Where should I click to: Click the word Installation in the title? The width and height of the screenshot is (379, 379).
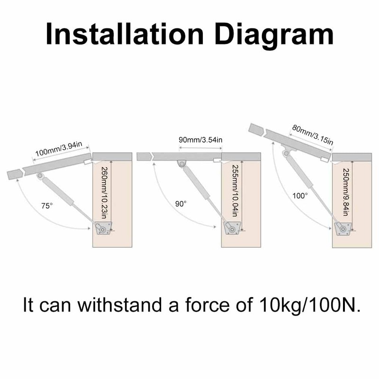[x=125, y=34]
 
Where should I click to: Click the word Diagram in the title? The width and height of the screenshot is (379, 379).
[x=274, y=36]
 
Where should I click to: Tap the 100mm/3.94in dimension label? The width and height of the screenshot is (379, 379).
[x=59, y=149]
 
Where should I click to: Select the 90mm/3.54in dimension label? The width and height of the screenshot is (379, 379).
[x=200, y=140]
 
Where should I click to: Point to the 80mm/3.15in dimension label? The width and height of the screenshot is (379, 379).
[x=313, y=135]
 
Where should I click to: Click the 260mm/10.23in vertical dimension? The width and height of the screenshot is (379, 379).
[x=104, y=193]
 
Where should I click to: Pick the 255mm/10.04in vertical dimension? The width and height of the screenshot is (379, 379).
[x=235, y=191]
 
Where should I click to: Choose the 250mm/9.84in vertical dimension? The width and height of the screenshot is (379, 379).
[x=346, y=192]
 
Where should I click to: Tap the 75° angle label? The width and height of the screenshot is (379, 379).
[x=47, y=206]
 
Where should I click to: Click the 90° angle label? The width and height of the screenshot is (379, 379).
[x=181, y=204]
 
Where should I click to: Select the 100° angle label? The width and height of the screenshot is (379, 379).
[x=300, y=196]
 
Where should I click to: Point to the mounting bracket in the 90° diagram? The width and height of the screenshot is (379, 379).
[x=232, y=228]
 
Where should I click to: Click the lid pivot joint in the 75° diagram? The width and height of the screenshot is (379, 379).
[x=40, y=176]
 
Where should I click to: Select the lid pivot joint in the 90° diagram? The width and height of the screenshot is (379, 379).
[x=182, y=163]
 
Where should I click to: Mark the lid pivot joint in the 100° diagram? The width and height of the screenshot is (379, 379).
[x=287, y=153]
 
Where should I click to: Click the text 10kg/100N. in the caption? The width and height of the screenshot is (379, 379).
[x=310, y=305]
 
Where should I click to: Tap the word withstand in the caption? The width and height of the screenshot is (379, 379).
[x=119, y=305]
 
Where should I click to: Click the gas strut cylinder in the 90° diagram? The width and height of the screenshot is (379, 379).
[x=196, y=183]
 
